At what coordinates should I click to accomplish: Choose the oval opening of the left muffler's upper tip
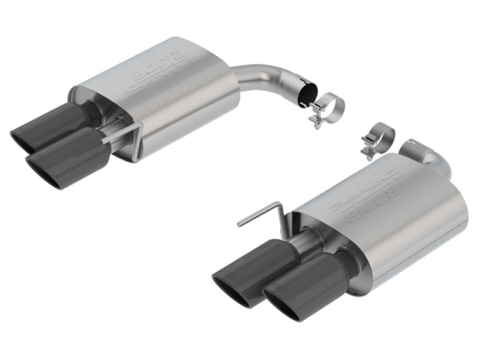click(24, 140)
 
